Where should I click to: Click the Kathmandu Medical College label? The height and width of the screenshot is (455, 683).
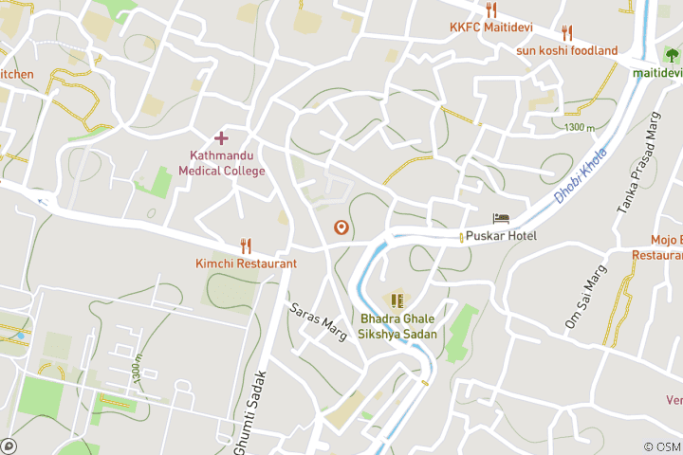pyautogui.click(x=221, y=163)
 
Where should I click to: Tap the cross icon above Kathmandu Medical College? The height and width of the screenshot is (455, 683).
pyautogui.click(x=221, y=138)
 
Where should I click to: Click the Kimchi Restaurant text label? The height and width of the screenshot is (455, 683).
pyautogui.click(x=246, y=263)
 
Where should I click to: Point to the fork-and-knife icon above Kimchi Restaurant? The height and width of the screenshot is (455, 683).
pyautogui.click(x=246, y=245)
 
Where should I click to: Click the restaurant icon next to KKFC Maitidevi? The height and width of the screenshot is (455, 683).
pyautogui.click(x=490, y=10)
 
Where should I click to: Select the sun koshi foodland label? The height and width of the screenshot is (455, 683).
pyautogui.click(x=566, y=50)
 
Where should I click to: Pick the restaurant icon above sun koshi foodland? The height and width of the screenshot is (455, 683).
pyautogui.click(x=567, y=33)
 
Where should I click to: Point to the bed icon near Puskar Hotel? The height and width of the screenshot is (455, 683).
pyautogui.click(x=501, y=219)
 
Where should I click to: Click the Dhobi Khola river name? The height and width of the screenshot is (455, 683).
pyautogui.click(x=579, y=181)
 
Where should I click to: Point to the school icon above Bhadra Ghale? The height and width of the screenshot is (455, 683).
pyautogui.click(x=397, y=301)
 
